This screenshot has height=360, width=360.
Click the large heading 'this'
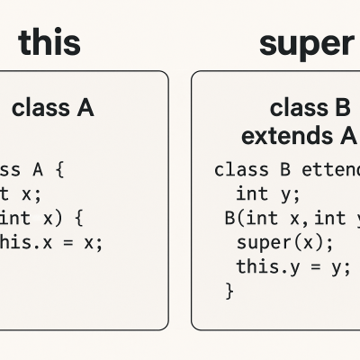(x=49, y=41)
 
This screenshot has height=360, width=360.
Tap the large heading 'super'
(x=306, y=41)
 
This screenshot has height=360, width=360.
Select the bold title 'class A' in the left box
(x=53, y=109)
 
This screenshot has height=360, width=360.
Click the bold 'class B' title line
(x=310, y=109)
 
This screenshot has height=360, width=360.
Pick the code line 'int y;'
(x=268, y=193)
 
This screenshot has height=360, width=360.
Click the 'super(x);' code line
(x=284, y=242)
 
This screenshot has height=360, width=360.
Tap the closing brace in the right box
(x=229, y=290)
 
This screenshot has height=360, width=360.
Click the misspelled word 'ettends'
(x=329, y=168)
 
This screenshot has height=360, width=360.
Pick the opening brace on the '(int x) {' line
(x=78, y=217)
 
